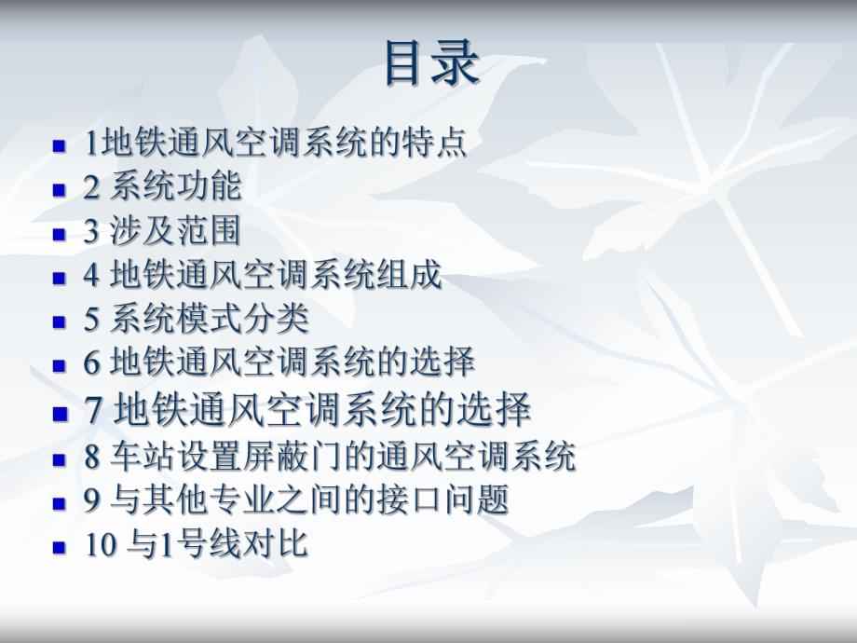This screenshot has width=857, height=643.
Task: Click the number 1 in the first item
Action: (90, 144)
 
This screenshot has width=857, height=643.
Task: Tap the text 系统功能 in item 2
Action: (176, 187)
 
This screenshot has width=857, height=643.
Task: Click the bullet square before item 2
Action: (60, 189)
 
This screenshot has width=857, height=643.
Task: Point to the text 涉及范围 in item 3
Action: (176, 231)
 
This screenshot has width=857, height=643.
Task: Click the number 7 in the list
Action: (93, 411)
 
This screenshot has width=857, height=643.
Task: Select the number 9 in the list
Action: (91, 501)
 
